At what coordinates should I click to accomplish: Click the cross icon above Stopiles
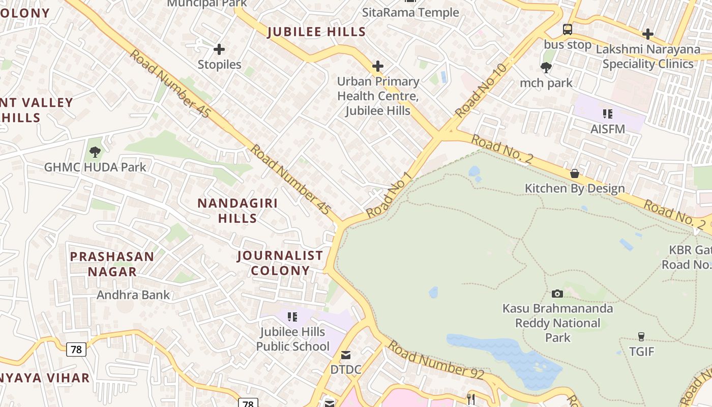pyautogui.click(x=219, y=49)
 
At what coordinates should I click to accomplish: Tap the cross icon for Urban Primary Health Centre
pyautogui.click(x=378, y=66)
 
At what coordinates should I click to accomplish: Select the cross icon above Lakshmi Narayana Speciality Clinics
pyautogui.click(x=648, y=34)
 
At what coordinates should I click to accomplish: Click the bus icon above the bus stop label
pyautogui.click(x=568, y=30)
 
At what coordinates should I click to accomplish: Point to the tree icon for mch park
pyautogui.click(x=546, y=67)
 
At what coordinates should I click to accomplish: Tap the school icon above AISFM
pyautogui.click(x=607, y=114)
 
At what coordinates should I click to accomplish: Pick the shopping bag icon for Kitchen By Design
pyautogui.click(x=575, y=173)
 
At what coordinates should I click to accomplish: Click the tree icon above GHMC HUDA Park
pyautogui.click(x=95, y=152)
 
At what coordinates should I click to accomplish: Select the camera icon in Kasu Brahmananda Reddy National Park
pyautogui.click(x=557, y=294)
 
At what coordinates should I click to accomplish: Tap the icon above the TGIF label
pyautogui.click(x=641, y=336)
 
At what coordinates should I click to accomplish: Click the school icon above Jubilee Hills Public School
pyautogui.click(x=292, y=317)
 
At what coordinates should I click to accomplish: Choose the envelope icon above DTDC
pyautogui.click(x=346, y=355)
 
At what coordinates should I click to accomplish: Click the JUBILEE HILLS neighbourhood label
pyautogui.click(x=316, y=32)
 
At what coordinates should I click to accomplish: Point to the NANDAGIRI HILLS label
pyautogui.click(x=238, y=211)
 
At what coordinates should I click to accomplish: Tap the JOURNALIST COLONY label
pyautogui.click(x=280, y=263)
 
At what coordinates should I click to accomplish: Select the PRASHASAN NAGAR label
pyautogui.click(x=112, y=264)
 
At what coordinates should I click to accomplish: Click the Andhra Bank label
pyautogui.click(x=133, y=295)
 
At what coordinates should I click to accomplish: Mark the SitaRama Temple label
pyautogui.click(x=410, y=12)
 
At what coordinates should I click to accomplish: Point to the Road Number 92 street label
pyautogui.click(x=436, y=360)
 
